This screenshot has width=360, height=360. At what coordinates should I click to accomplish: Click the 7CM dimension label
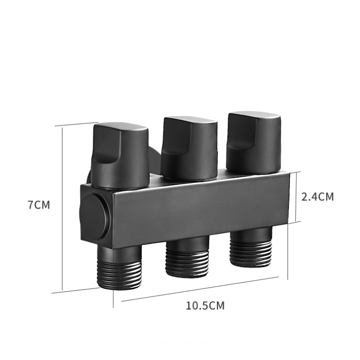coord(39,205)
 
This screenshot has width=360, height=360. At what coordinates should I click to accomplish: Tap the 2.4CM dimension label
coord(318,197)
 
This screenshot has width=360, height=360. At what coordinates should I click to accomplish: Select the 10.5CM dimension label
coord(205,306)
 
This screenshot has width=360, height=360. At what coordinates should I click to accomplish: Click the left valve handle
coord(120,156)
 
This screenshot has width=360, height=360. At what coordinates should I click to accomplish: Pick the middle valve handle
coord(189,148)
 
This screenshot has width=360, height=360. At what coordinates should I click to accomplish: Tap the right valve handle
coord(253,143)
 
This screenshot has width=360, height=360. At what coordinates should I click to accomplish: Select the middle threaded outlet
coord(187,257)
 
